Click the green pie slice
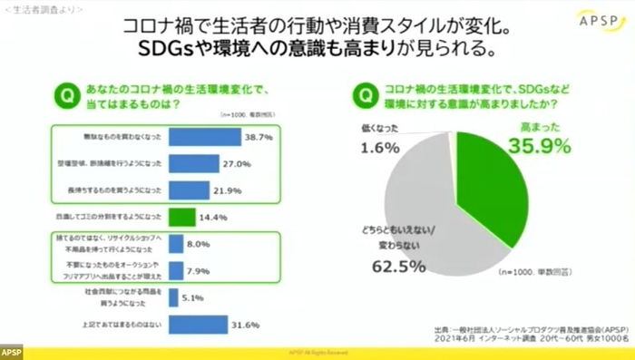click(x=490, y=190)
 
